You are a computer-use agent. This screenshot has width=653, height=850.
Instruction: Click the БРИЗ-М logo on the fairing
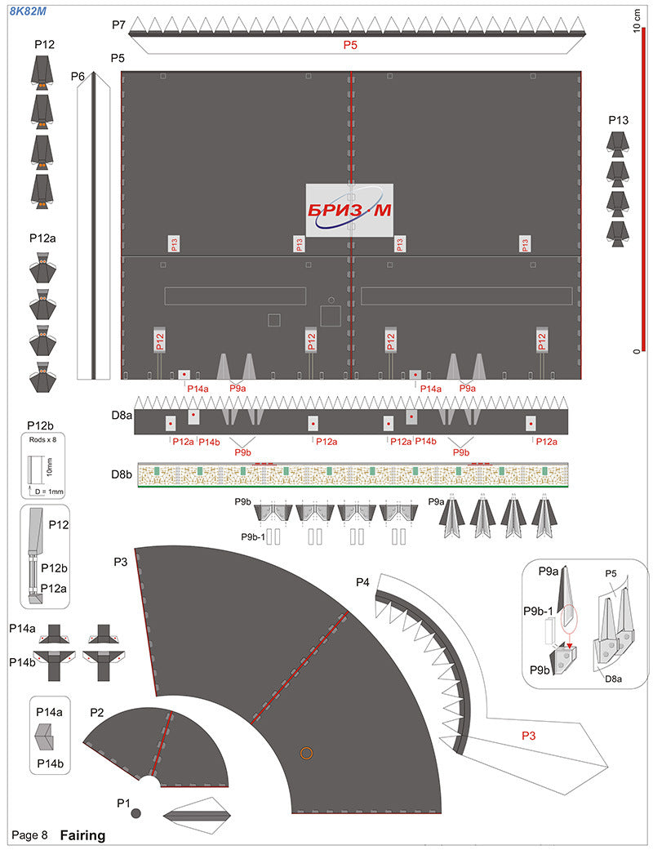pos(349,211)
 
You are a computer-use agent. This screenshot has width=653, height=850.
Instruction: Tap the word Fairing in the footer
pos(82,835)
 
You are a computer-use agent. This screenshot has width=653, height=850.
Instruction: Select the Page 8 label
pos(29,835)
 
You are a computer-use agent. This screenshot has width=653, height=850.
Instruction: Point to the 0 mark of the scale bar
pos(635,351)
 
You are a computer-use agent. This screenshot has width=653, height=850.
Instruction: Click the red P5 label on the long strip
pos(349,46)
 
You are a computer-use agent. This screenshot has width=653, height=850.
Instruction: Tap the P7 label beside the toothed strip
pos(118,25)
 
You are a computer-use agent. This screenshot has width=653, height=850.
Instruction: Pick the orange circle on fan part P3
pos(306,752)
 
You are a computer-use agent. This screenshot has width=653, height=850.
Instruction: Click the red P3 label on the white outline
pos(530,736)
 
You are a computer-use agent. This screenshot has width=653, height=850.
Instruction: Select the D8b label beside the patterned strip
pos(122,474)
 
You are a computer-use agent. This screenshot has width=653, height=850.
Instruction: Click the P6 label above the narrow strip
pos(78,76)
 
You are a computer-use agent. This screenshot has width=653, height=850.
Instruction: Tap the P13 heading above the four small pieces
pos(619,120)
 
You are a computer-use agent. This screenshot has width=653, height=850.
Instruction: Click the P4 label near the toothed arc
pos(363,581)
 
